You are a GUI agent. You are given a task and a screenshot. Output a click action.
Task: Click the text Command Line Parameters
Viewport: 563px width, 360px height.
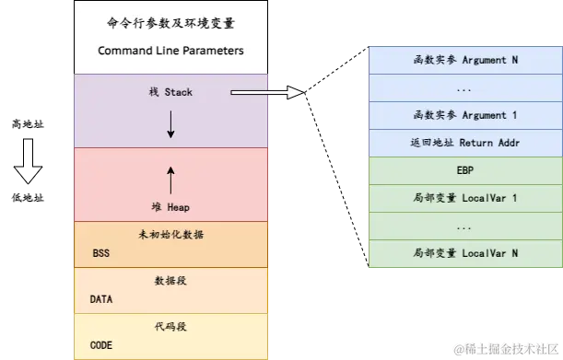pos(170,51)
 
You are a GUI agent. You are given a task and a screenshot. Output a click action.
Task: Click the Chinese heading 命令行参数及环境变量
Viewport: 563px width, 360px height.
pos(170,23)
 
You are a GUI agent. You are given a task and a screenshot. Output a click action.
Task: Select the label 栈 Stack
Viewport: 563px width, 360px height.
pos(170,93)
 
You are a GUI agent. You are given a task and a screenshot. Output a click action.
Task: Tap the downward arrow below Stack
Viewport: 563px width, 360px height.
pos(170,127)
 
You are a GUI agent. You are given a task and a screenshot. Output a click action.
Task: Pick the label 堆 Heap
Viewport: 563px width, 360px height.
pos(170,207)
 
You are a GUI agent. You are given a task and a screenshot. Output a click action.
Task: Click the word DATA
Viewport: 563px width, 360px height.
pos(101,299)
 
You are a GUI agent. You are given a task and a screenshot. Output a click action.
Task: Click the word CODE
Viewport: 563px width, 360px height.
pos(101,345)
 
